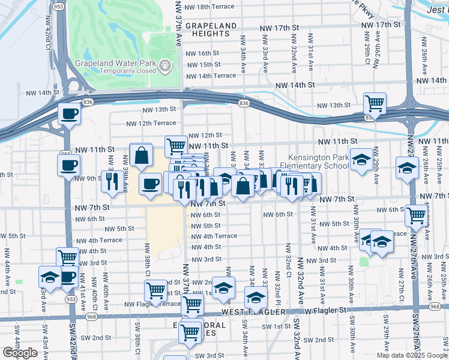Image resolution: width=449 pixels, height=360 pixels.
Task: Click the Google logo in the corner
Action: coord(20,353)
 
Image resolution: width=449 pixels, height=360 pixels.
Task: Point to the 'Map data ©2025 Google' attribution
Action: coord(411,355)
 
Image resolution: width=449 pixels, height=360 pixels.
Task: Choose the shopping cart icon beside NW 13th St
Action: coord(375,103)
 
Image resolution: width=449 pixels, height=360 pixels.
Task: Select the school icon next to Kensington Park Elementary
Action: coord(361,160)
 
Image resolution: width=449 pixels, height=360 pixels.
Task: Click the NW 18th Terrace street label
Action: coord(214,7)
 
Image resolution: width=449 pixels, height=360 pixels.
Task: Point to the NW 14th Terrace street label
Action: coord(211,76)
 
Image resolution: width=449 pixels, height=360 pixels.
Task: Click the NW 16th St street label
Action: coord(203,53)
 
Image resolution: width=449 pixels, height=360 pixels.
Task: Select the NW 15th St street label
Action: coord(203,65)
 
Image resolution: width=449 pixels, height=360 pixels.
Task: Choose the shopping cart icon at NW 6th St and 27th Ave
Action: coord(415,214)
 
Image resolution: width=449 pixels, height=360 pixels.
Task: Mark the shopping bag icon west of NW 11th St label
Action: coord(140,155)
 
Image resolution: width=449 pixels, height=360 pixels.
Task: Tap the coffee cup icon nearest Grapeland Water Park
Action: coord(68,113)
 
